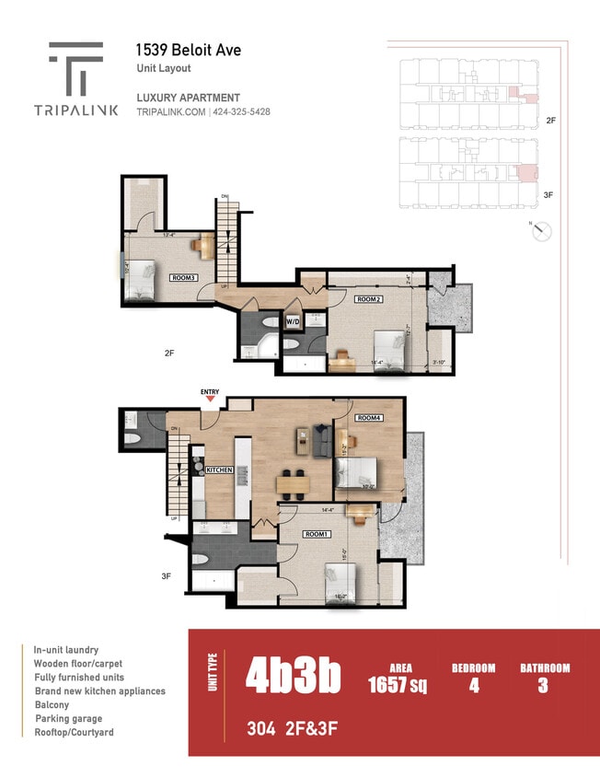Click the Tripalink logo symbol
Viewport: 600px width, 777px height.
75,69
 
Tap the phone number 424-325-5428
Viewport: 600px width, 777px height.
242,112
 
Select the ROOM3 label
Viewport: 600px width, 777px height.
183,277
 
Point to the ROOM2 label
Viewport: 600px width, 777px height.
369,299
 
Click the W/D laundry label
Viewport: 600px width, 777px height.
294,322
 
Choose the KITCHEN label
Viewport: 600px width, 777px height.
219,470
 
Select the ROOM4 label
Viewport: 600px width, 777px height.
369,419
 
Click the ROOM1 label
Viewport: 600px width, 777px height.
315,533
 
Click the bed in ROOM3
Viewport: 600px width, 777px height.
141,279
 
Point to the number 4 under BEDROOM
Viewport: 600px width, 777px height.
473,685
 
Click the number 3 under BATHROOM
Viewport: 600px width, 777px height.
544,685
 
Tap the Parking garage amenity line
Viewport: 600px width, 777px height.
68,718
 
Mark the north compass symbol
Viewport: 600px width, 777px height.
541,231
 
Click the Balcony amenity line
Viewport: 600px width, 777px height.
52,704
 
